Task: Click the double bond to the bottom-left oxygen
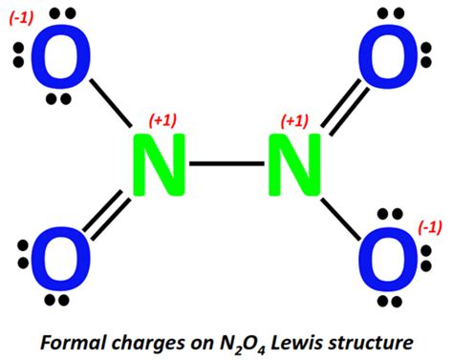[x=107, y=213]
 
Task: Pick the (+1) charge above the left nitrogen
[x=163, y=121]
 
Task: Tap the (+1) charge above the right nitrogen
[x=295, y=121]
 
